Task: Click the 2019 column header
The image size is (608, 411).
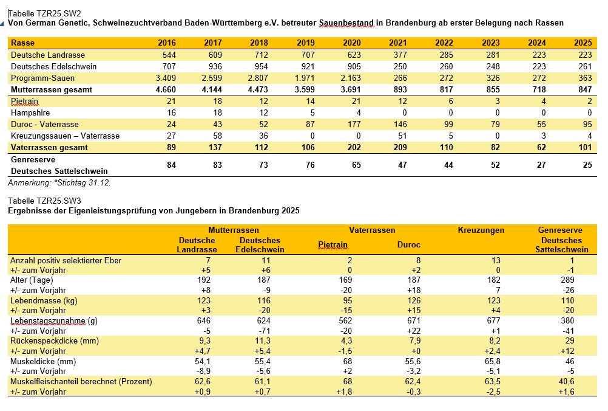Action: click(306, 43)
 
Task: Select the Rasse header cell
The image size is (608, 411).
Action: click(22, 43)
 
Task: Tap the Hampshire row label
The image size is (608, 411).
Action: click(30, 112)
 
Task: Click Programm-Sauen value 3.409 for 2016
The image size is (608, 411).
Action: click(166, 78)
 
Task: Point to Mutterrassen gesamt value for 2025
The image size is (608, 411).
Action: click(585, 90)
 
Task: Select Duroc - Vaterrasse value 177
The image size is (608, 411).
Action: click(354, 124)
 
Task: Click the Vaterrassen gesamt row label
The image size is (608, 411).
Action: click(49, 148)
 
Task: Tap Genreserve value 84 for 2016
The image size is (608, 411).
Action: click(171, 165)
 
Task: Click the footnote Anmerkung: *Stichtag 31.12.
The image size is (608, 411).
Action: click(59, 182)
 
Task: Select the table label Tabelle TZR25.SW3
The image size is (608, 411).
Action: click(44, 201)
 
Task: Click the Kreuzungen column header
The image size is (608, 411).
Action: click(481, 230)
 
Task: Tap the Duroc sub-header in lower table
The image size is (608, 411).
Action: click(409, 245)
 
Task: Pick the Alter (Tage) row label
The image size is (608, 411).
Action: click(32, 280)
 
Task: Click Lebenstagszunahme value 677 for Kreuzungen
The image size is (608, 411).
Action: click(493, 320)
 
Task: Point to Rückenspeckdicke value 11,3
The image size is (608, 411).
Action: click(263, 340)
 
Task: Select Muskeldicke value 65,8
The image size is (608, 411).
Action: click(492, 361)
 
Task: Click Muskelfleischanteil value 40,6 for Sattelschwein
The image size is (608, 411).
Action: click(567, 381)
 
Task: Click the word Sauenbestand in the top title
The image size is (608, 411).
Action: click(346, 23)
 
